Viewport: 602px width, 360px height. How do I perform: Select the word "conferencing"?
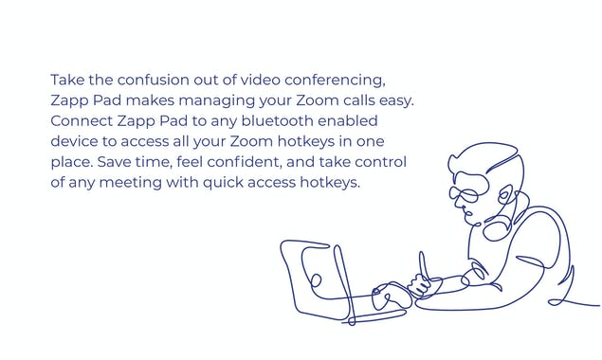click(x=336, y=80)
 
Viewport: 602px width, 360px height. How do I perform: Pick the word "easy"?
click(x=394, y=100)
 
